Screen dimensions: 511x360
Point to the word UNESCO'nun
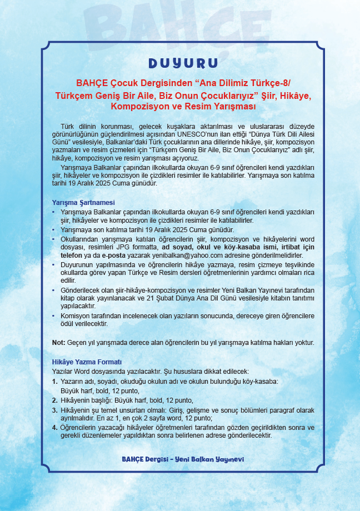tap(216, 135)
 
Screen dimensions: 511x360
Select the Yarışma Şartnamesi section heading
tap(83, 202)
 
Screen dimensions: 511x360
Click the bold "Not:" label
tap(58, 343)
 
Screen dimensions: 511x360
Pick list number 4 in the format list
tap(54, 428)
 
